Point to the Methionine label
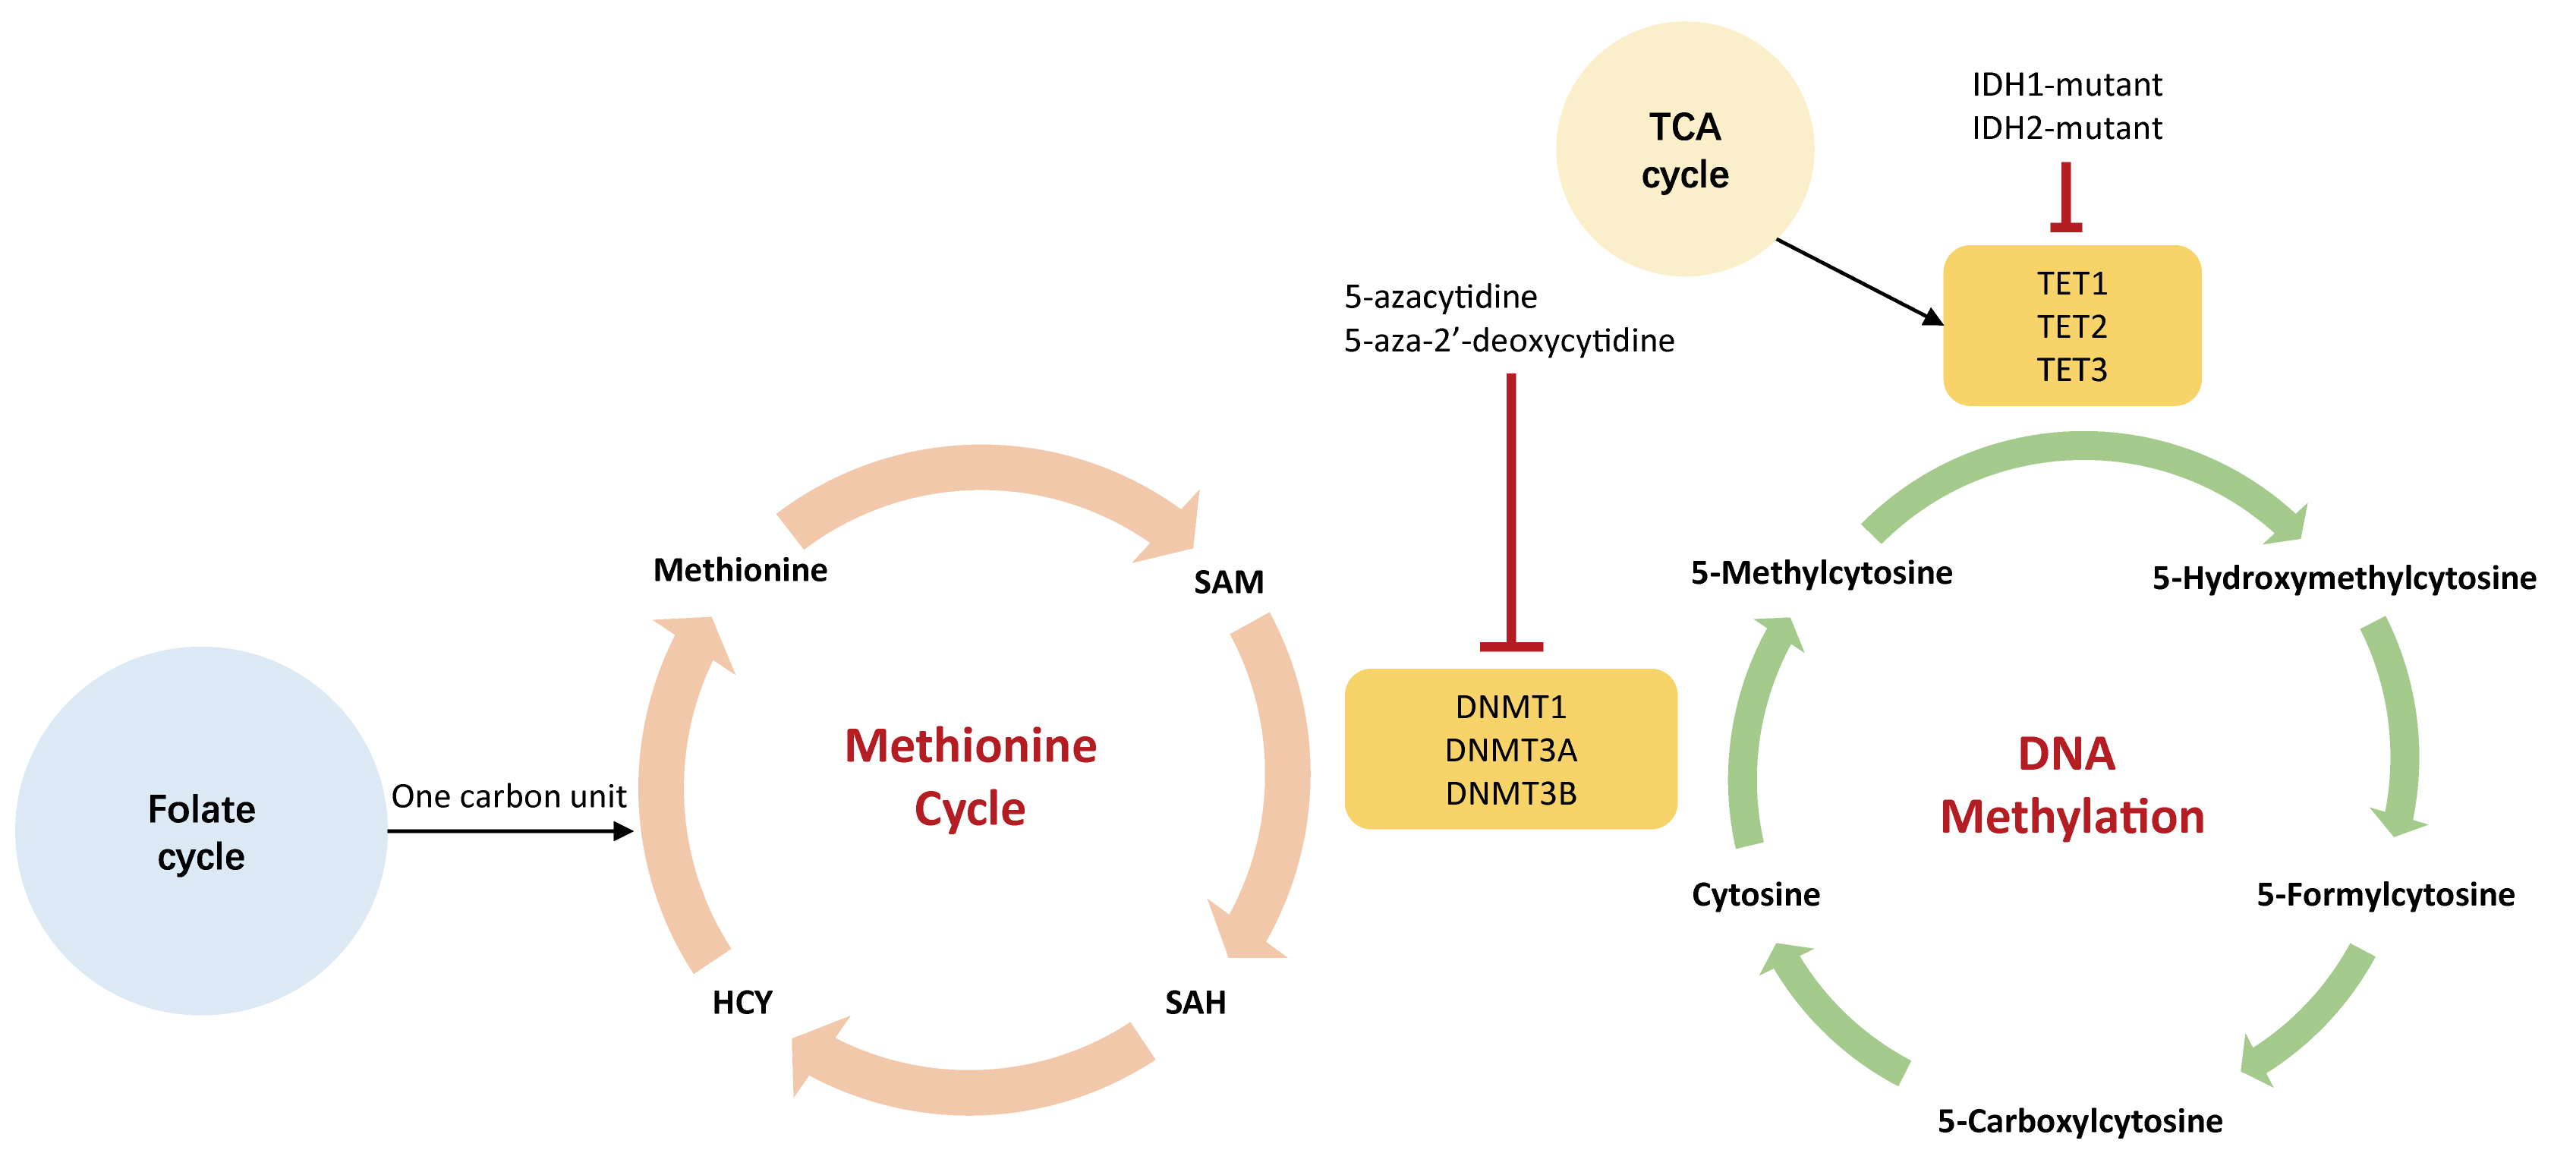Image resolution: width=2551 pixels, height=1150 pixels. click(x=740, y=571)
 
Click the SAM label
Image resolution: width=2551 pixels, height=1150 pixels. click(x=1228, y=582)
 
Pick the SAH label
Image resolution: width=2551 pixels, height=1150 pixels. click(x=1195, y=1003)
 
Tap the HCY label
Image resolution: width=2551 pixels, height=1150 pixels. click(x=742, y=1003)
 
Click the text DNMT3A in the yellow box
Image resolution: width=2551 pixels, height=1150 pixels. click(x=1510, y=750)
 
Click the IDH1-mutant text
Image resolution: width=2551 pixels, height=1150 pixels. click(x=2067, y=84)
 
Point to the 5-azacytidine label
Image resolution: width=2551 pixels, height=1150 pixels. click(x=1440, y=296)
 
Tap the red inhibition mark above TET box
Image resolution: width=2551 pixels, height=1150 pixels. click(x=2066, y=198)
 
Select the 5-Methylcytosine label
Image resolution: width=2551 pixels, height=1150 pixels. click(x=1821, y=572)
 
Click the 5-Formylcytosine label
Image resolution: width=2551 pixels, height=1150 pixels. click(x=2385, y=894)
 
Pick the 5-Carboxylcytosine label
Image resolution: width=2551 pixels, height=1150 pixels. click(x=2080, y=1120)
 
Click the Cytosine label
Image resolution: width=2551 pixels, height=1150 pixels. click(x=1756, y=894)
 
